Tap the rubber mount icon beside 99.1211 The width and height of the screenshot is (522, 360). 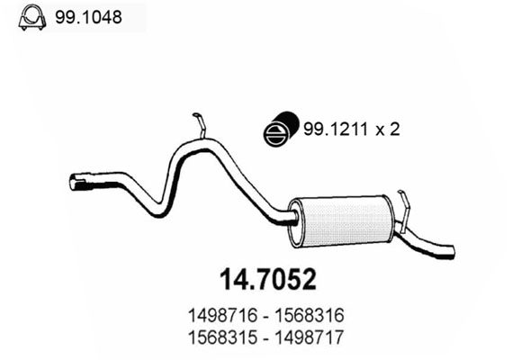tap(280, 130)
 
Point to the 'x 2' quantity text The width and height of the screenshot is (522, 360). tap(387, 130)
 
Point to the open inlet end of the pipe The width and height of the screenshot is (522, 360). tap(75, 184)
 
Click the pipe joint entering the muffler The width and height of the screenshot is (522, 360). tap(291, 217)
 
